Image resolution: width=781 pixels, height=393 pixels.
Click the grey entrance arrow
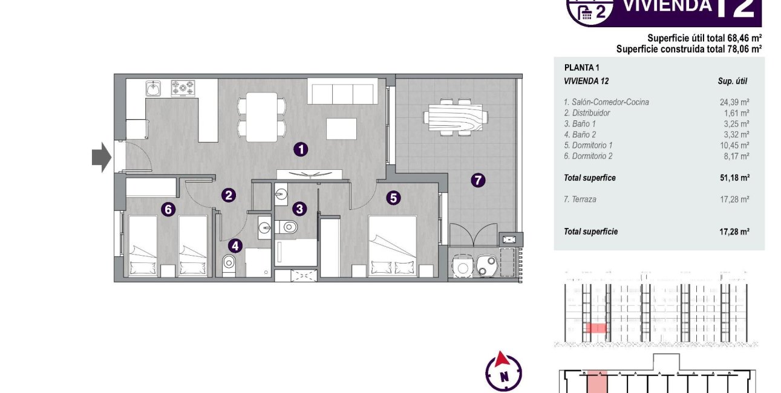(101, 157)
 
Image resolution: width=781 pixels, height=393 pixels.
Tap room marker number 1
(301, 149)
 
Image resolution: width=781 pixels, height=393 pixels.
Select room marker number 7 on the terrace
(478, 180)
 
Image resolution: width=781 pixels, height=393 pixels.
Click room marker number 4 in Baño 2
(235, 245)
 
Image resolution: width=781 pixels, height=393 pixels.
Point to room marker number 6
(169, 209)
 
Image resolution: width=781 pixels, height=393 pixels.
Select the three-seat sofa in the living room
(342, 92)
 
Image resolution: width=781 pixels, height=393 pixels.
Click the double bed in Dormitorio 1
(393, 247)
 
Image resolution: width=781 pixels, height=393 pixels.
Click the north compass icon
(503, 371)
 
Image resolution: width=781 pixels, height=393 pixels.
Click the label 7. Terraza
(580, 199)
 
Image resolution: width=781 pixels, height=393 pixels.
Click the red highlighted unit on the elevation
(596, 328)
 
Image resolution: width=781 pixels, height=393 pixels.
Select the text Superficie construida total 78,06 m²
(688, 48)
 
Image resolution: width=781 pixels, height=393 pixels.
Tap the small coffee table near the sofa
(342, 128)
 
